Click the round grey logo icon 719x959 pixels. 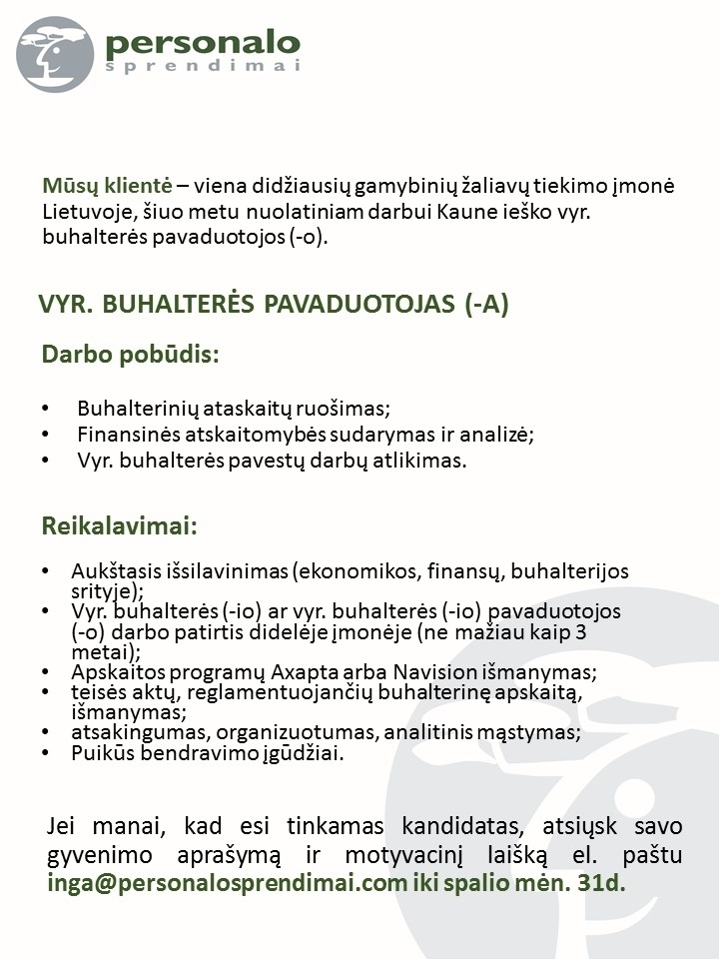55,54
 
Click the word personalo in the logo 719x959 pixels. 202,43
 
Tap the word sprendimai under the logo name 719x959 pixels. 202,67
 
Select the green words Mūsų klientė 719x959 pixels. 108,186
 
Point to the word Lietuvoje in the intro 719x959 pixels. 84,212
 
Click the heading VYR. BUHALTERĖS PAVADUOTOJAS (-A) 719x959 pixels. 273,306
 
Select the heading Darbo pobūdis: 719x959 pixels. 129,355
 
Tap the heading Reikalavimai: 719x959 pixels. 120,525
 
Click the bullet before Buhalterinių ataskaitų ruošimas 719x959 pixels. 46,410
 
